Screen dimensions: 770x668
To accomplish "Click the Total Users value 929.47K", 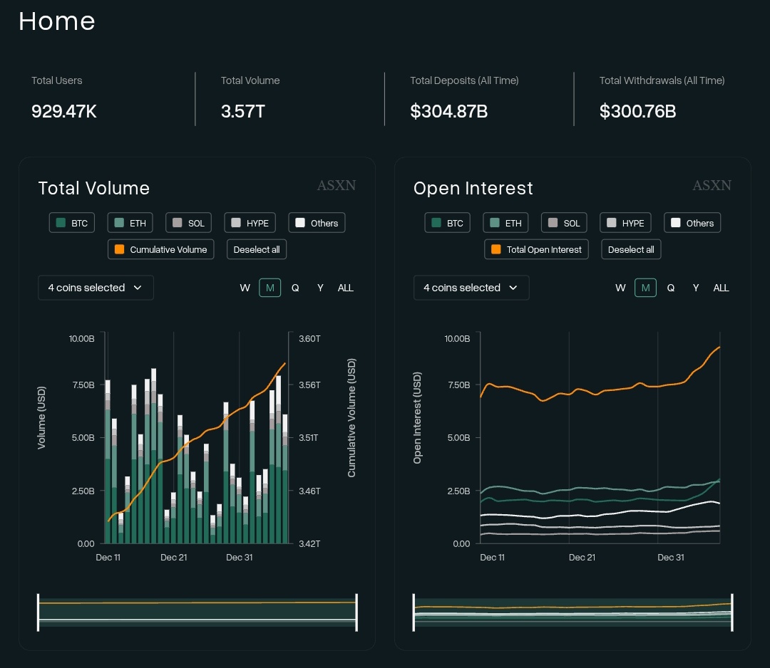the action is (64, 111).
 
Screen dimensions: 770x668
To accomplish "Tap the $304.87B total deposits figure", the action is (449, 111).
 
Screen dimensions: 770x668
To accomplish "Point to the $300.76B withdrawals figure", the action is (637, 111).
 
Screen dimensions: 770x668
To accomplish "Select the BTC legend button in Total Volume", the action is (72, 223).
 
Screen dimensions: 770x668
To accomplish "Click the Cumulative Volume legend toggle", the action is (160, 249).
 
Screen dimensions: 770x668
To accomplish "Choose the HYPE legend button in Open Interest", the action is (625, 223).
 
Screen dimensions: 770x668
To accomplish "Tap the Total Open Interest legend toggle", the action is (536, 249).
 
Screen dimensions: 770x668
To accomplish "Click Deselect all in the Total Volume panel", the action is (257, 249).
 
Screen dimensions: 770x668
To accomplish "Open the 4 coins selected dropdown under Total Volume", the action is (96, 288).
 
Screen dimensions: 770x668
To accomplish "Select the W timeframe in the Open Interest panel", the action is (620, 288).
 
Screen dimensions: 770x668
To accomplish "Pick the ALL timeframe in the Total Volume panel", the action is (345, 288).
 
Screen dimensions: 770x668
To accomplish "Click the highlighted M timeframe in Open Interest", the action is (645, 288).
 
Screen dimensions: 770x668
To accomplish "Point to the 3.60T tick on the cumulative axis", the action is (309, 339).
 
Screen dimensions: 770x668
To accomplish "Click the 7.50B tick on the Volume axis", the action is (83, 385).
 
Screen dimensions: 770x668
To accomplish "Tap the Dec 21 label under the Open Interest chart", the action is (582, 557).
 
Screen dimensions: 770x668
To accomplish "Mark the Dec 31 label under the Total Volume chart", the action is (239, 557).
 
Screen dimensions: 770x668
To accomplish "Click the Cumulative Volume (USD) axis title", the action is (351, 418).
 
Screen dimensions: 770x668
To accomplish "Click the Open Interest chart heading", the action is (473, 188).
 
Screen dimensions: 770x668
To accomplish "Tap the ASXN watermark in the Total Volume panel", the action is (337, 185).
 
